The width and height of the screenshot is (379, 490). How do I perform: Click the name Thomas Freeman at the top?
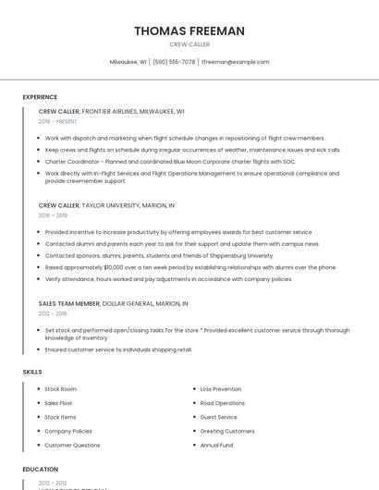(189, 31)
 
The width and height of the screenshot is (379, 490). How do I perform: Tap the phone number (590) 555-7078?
(174, 62)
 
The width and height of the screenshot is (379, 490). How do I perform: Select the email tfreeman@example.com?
(236, 62)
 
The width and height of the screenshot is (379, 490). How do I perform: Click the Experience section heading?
(40, 97)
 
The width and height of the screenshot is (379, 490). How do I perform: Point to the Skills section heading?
(32, 372)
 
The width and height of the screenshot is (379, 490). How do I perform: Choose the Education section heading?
(40, 470)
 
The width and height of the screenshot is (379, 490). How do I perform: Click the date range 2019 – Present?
(58, 121)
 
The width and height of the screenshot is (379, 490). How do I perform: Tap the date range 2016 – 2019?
(53, 215)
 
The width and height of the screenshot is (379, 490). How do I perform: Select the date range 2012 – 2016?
(53, 313)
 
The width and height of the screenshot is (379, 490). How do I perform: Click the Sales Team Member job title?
(68, 303)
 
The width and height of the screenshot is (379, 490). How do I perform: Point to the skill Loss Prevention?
(220, 389)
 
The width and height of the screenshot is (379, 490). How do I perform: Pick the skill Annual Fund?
(215, 445)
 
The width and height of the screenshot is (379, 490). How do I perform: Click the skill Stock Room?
(60, 389)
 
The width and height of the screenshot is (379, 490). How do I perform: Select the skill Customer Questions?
(72, 445)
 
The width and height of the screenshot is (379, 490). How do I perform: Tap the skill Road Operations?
(222, 403)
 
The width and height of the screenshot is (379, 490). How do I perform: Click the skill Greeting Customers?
(226, 431)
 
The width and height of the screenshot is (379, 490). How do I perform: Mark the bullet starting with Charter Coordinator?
(170, 161)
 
